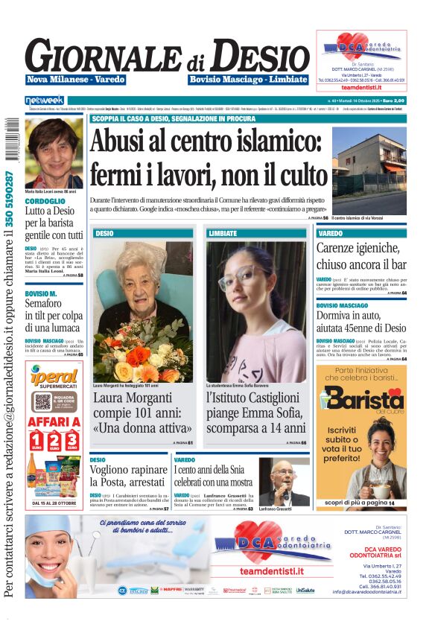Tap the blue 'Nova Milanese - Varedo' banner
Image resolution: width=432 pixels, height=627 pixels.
(x=75, y=80)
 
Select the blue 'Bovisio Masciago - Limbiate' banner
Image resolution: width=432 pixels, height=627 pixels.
(x=248, y=80)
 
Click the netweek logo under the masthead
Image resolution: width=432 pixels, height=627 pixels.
(x=45, y=100)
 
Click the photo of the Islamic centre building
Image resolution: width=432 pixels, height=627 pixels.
(x=369, y=171)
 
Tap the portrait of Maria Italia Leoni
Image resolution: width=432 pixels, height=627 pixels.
(x=54, y=152)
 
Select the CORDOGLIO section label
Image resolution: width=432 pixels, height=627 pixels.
(x=45, y=201)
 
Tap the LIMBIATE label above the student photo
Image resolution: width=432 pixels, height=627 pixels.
(x=223, y=233)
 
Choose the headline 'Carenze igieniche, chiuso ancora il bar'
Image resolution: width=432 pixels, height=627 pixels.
(x=361, y=256)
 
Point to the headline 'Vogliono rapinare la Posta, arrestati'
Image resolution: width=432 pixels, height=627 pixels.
(x=127, y=476)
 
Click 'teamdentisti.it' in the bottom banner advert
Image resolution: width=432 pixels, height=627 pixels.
(x=272, y=571)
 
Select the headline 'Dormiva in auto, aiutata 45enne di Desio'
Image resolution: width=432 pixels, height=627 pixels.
(x=361, y=322)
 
